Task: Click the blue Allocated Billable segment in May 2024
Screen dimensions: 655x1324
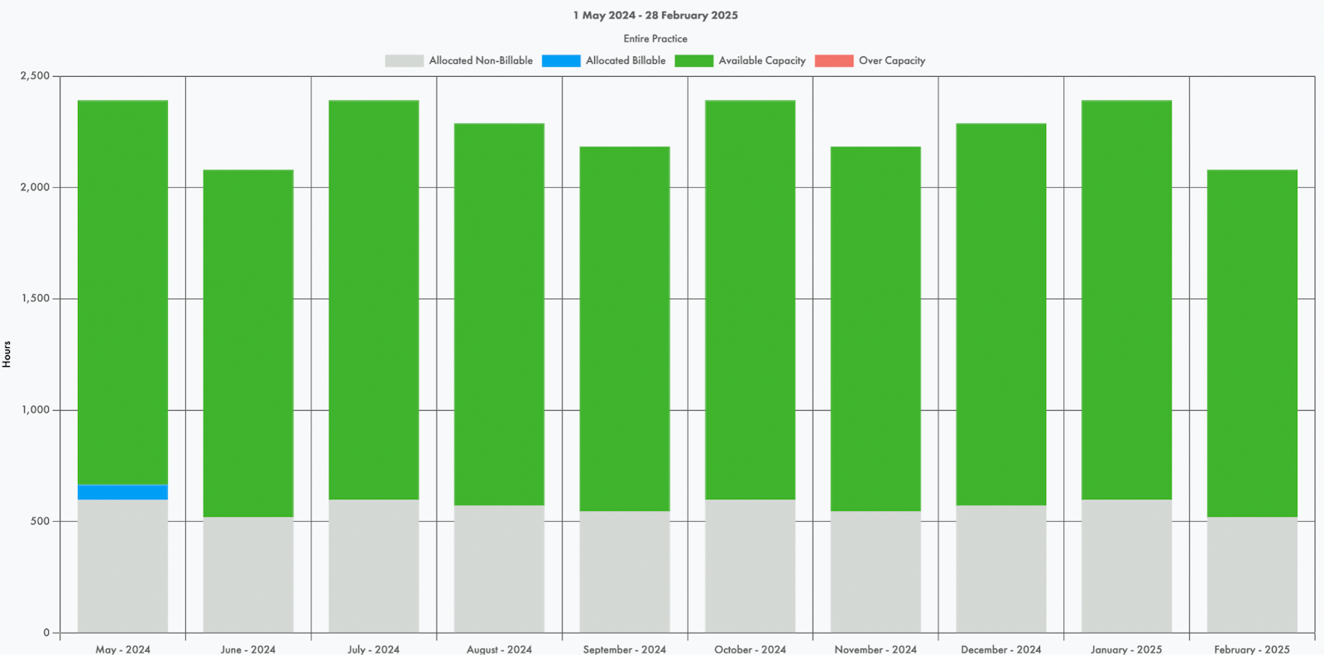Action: [122, 492]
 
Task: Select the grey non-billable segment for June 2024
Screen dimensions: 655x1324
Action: [248, 574]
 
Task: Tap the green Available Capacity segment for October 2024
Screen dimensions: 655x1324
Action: [750, 300]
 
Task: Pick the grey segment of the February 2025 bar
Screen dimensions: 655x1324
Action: [1252, 574]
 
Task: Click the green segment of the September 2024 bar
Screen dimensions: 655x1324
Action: [625, 329]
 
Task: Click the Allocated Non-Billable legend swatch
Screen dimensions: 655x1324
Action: [404, 60]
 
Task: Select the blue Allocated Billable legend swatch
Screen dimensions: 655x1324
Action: [561, 60]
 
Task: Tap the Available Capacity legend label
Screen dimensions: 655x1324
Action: [761, 60]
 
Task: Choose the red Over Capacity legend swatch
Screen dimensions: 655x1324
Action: [834, 60]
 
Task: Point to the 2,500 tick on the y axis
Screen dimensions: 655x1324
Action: [36, 75]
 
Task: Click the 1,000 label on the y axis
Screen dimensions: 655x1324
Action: [36, 410]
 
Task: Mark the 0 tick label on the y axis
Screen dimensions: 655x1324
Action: [46, 633]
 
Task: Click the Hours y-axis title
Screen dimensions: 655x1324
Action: [7, 354]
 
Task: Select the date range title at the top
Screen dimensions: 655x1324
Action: [655, 15]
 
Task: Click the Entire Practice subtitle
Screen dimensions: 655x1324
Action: [655, 38]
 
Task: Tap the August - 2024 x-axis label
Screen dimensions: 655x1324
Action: [499, 649]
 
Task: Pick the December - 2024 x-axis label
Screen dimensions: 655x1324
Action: [1001, 649]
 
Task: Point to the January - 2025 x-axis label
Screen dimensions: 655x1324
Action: [1126, 649]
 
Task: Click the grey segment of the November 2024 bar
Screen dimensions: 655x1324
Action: [875, 571]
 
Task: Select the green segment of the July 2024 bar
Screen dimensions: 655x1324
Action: [373, 300]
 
